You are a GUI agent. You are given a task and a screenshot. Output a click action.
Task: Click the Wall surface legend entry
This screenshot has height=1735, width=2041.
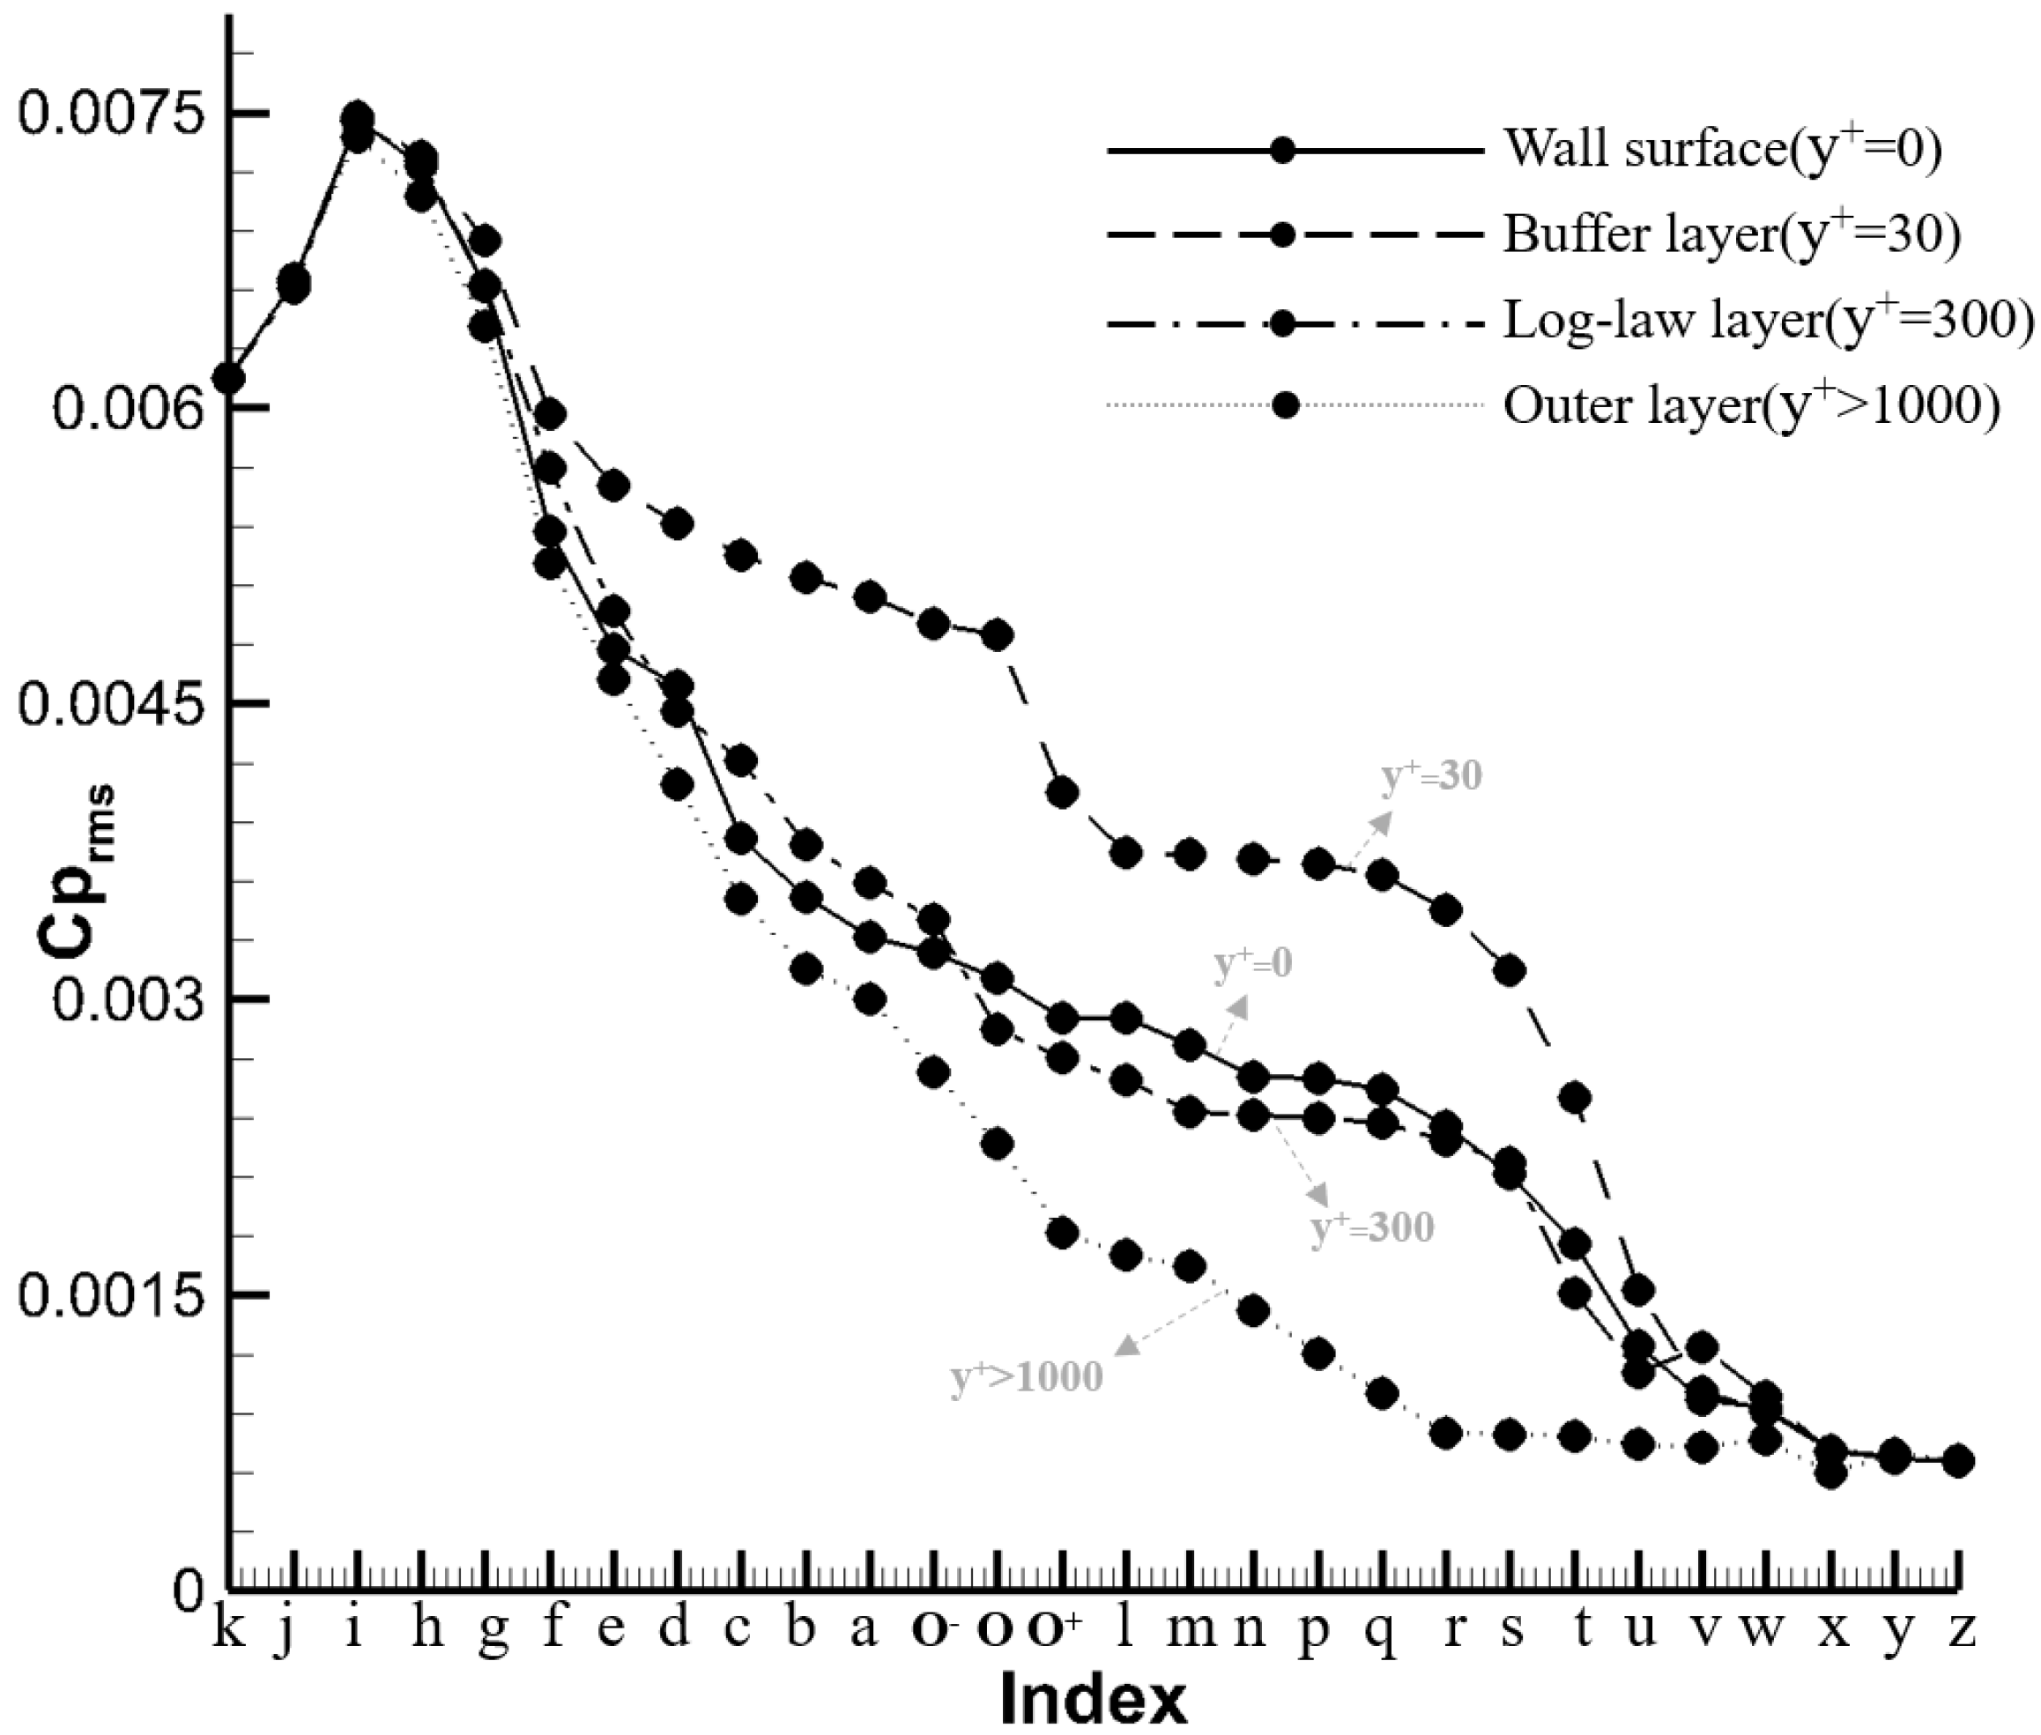click(x=1722, y=151)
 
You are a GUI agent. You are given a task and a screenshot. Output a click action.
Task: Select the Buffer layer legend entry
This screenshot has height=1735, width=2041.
click(x=1730, y=235)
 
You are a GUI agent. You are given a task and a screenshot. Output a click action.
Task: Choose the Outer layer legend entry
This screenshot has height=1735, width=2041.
click(x=1750, y=406)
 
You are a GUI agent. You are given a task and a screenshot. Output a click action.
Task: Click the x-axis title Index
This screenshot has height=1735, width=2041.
click(x=1093, y=1699)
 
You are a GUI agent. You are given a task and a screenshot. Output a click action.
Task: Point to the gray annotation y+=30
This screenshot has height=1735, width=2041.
click(x=1432, y=777)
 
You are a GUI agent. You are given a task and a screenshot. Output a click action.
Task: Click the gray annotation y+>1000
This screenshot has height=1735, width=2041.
click(x=1026, y=1377)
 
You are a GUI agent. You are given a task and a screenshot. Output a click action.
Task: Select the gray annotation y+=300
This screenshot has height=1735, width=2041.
click(x=1372, y=1228)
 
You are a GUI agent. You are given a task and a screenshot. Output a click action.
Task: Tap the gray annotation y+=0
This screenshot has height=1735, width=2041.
click(x=1253, y=965)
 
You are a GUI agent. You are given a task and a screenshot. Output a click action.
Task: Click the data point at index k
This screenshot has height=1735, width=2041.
click(x=229, y=379)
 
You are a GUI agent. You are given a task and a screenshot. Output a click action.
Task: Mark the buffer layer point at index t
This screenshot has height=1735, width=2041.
click(x=1576, y=1097)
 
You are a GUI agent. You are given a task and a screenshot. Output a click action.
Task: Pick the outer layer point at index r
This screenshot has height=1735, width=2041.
click(x=1446, y=1434)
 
